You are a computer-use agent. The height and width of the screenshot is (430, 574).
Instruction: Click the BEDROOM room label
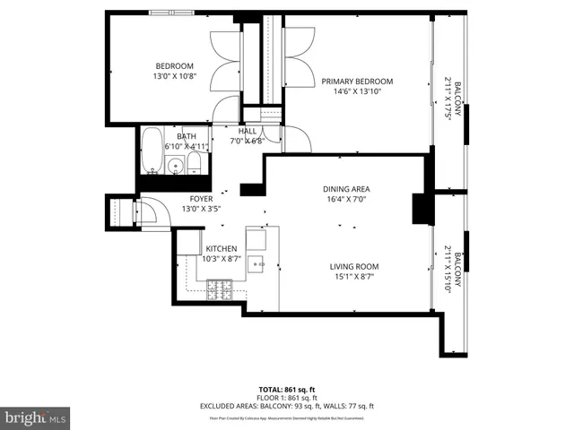click(175, 66)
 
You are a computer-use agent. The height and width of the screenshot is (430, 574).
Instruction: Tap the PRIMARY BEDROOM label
click(358, 82)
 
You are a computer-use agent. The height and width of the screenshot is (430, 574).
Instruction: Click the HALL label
click(248, 131)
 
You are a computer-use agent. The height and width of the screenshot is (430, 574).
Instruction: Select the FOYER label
click(201, 199)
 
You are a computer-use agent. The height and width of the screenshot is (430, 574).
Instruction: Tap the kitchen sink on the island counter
click(257, 263)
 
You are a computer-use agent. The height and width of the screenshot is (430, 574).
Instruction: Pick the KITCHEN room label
click(222, 248)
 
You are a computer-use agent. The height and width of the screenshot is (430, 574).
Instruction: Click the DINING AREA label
click(346, 189)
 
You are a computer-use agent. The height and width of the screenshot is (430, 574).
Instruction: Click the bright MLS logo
click(36, 417)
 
